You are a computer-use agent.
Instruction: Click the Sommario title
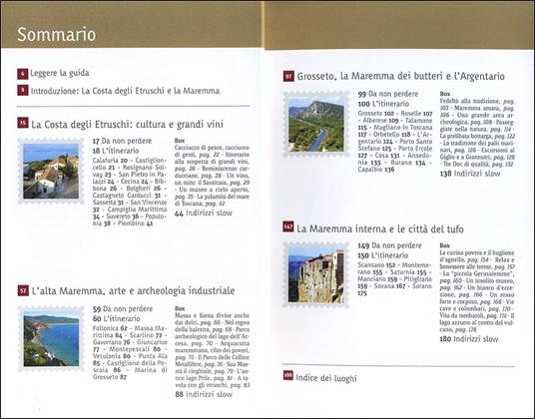pyautogui.click(x=56, y=35)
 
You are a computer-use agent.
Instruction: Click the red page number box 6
pyautogui.click(x=22, y=75)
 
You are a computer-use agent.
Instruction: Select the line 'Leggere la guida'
pyautogui.click(x=63, y=75)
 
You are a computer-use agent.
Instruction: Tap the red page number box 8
pyautogui.click(x=22, y=90)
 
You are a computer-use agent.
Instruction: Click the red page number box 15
pyautogui.click(x=22, y=124)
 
